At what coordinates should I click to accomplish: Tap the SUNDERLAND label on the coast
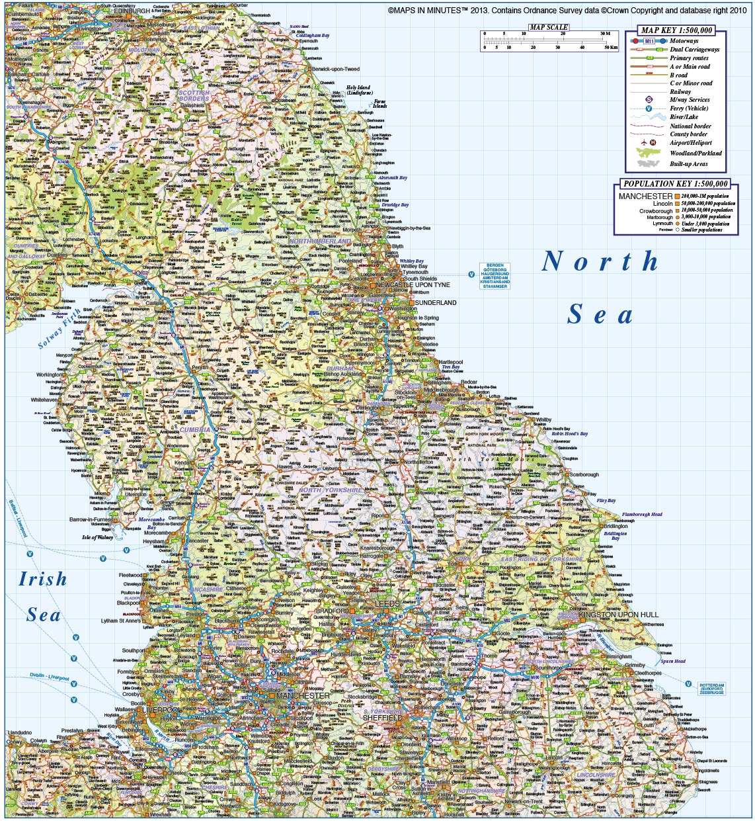click(x=435, y=303)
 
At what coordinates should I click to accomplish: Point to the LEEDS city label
click(x=387, y=604)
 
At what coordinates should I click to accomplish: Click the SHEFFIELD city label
click(x=383, y=718)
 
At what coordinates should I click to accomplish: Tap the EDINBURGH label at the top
click(x=132, y=11)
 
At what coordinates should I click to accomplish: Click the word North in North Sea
click(x=600, y=262)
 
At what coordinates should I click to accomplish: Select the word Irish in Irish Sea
click(x=43, y=580)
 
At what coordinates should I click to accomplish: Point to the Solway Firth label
click(x=58, y=329)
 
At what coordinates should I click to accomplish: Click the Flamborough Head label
click(x=641, y=514)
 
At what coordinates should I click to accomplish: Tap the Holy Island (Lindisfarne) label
click(x=360, y=91)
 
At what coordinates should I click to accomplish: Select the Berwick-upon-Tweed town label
click(x=336, y=69)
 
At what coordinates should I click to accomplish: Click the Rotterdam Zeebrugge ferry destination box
click(x=711, y=688)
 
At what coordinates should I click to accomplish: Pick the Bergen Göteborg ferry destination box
click(x=495, y=276)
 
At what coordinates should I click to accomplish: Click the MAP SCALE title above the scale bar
click(x=548, y=28)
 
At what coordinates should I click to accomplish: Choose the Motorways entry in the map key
click(x=684, y=41)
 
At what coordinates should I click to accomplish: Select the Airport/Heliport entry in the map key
click(x=690, y=143)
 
